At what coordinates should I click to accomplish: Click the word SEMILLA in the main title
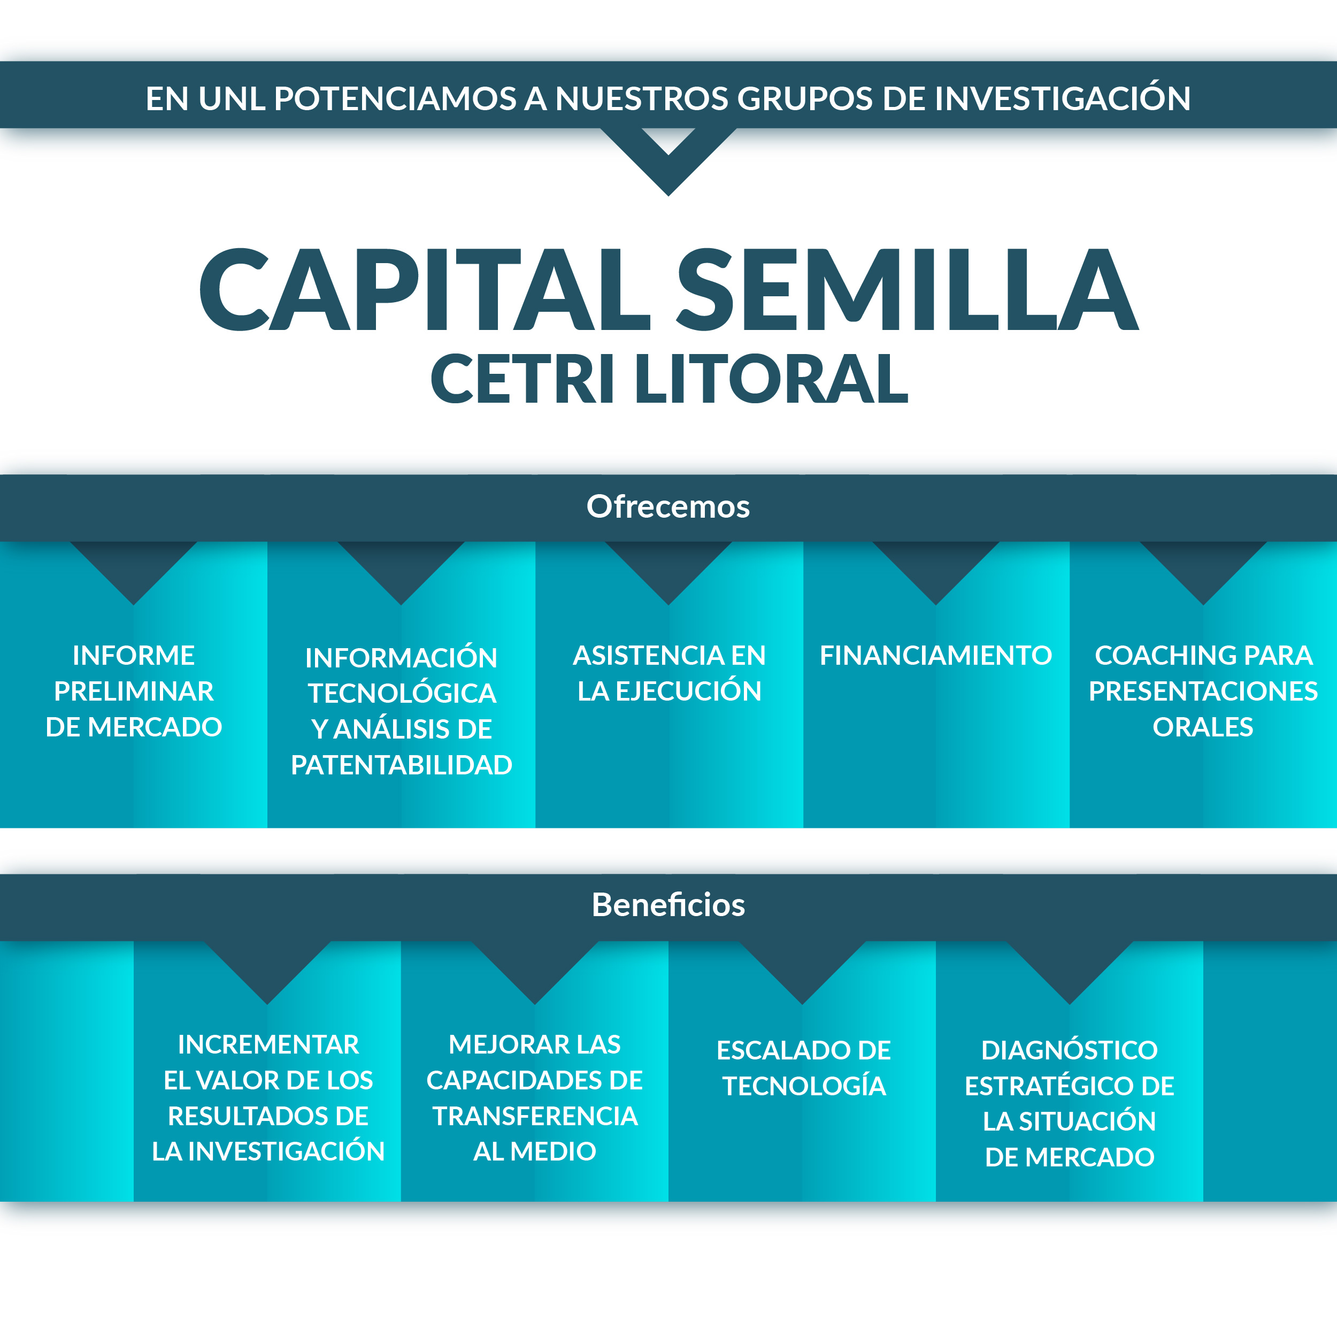907,289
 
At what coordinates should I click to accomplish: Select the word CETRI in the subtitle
522,379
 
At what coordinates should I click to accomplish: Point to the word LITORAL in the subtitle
772,379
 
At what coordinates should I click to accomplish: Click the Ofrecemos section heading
669,506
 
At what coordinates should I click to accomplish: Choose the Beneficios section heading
669,905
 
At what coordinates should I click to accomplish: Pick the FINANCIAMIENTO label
935,655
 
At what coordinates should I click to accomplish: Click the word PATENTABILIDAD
402,765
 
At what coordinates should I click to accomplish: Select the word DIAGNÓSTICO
1069,1050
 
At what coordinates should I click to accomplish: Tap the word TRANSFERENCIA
535,1116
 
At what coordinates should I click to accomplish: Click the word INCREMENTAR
268,1045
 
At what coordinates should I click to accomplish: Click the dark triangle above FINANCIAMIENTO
935,572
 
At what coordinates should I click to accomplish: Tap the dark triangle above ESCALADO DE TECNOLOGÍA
802,971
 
